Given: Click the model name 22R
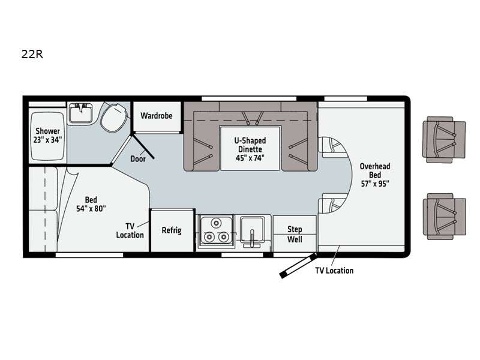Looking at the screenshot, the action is click(x=32, y=54).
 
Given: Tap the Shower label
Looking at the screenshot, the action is click(x=48, y=131).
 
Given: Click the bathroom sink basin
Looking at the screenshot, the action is click(x=80, y=113).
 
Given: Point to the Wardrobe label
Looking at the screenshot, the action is click(x=157, y=116).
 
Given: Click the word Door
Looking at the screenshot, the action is click(x=138, y=158).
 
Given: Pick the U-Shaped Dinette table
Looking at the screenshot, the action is click(x=250, y=148).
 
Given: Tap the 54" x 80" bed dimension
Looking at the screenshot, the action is click(x=91, y=208).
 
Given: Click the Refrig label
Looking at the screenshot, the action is click(x=172, y=230).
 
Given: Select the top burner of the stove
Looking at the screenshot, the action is click(x=217, y=223).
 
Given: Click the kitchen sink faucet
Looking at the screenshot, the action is click(x=252, y=236).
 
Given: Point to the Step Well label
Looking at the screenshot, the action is click(x=295, y=234).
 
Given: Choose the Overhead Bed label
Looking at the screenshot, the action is click(x=375, y=170).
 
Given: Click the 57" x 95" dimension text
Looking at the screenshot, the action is click(x=375, y=184).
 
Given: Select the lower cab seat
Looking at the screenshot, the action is click(x=444, y=216).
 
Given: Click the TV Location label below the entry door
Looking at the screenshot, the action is click(x=334, y=271).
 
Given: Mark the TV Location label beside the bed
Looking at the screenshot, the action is click(x=130, y=230).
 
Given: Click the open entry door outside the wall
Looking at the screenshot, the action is click(x=298, y=265).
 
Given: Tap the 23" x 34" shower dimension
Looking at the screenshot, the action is click(x=48, y=140).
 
